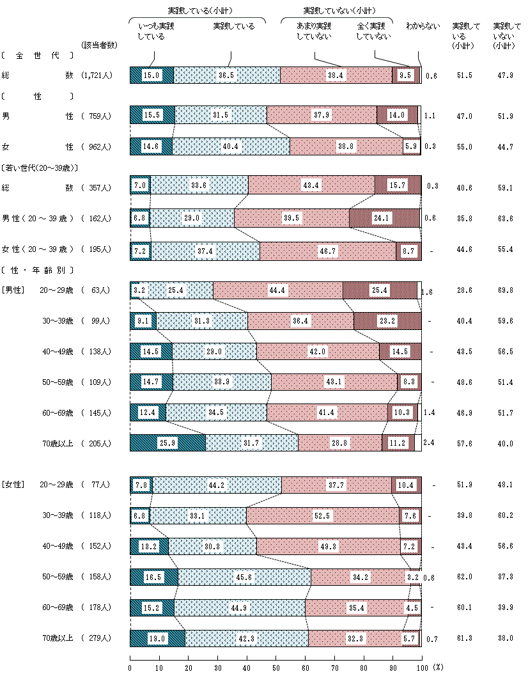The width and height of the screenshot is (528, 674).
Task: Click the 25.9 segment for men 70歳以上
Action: [x=167, y=443]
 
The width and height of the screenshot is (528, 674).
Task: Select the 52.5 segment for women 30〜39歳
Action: [x=322, y=516]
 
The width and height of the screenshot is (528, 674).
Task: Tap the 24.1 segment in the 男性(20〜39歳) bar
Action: [x=384, y=218]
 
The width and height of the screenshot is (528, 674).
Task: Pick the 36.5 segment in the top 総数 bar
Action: [x=226, y=75]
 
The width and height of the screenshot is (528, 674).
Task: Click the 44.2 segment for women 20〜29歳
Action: [x=217, y=485]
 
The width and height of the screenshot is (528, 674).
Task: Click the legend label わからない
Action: [x=423, y=26]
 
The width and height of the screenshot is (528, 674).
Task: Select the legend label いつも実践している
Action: [x=155, y=31]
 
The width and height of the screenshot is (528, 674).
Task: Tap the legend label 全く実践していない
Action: [x=373, y=31]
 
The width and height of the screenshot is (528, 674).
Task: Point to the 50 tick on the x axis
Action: [x=276, y=666]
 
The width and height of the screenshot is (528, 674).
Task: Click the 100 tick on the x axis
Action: [x=421, y=666]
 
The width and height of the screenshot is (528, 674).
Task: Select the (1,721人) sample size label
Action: [x=97, y=75]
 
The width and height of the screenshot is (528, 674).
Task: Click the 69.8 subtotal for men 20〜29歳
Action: [x=505, y=290]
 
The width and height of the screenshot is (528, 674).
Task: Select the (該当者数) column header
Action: [x=99, y=45]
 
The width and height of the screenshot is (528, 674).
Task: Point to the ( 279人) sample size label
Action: [x=97, y=638]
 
